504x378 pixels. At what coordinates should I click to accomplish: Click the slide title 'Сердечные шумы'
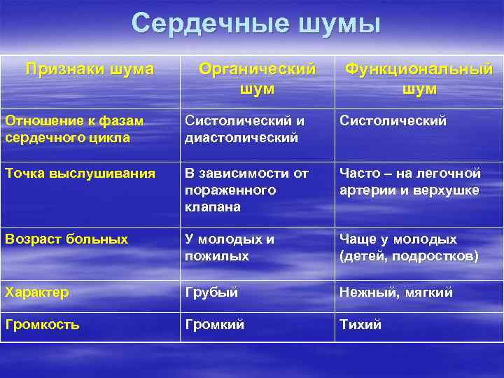(x=255, y=24)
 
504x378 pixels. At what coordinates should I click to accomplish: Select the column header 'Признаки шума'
(x=90, y=69)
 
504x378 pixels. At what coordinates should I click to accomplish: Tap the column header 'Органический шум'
(x=257, y=78)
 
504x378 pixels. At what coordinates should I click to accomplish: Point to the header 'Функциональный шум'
(x=419, y=78)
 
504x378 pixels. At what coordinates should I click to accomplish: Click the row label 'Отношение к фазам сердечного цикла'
(x=74, y=129)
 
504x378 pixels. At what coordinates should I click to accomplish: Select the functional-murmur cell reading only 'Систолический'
(x=393, y=121)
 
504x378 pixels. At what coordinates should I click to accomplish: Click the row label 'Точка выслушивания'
(x=80, y=173)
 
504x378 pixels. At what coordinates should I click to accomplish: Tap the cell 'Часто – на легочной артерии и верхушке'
(x=410, y=181)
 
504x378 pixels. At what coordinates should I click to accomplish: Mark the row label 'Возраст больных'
(x=66, y=239)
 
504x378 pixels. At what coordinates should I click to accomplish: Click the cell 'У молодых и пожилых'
(x=230, y=247)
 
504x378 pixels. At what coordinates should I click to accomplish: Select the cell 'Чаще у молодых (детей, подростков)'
(x=409, y=247)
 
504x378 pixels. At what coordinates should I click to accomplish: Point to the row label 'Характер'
(x=37, y=292)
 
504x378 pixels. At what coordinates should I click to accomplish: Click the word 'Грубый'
(x=211, y=292)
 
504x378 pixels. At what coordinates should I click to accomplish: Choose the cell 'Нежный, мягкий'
(x=396, y=292)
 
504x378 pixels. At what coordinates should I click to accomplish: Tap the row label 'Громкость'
(x=42, y=325)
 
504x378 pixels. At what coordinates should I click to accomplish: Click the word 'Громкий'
(x=214, y=325)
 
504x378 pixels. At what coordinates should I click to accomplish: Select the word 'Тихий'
(x=360, y=325)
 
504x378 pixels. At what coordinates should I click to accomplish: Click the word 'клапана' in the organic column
(x=213, y=207)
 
